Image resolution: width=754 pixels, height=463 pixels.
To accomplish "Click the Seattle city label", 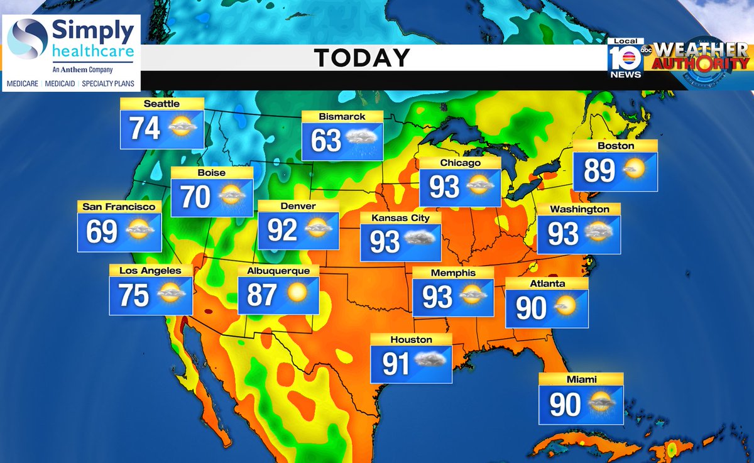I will tap(161, 104).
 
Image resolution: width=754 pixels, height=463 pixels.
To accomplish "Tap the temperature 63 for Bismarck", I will tap(327, 141).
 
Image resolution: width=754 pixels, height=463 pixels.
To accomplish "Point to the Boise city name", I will tap(211, 173).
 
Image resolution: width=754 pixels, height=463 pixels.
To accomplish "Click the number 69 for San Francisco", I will tap(102, 232).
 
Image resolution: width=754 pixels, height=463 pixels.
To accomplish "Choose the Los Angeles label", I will tap(150, 271).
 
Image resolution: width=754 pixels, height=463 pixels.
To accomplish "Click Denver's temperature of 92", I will tap(282, 230).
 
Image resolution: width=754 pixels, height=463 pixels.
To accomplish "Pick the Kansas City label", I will tap(400, 218).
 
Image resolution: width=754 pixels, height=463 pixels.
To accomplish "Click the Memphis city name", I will tap(453, 273).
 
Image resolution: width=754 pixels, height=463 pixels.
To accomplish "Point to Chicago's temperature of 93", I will tap(444, 187).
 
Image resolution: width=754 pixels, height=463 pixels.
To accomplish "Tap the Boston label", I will tap(616, 146).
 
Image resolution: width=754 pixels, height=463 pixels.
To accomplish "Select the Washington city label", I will tap(579, 209).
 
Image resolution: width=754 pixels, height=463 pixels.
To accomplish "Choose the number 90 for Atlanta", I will tap(532, 308).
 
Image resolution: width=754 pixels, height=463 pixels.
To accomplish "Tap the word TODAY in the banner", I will tap(362, 58).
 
